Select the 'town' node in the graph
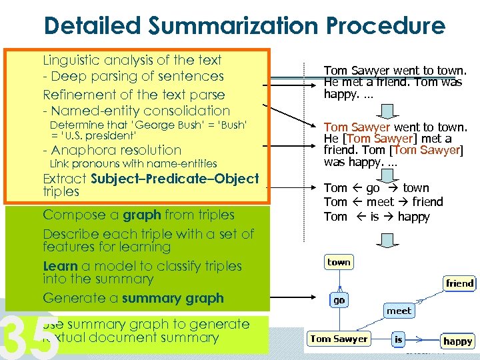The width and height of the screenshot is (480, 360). click(x=339, y=262)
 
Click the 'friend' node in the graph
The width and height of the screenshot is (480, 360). click(x=459, y=283)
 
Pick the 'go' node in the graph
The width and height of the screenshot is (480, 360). click(x=339, y=301)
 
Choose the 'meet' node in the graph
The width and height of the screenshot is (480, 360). click(x=399, y=311)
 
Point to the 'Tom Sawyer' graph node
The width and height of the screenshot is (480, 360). click(x=339, y=339)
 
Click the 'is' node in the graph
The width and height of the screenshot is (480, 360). click(x=398, y=339)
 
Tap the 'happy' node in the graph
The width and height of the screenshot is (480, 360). click(x=457, y=341)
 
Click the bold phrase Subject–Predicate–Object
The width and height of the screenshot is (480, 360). click(x=175, y=179)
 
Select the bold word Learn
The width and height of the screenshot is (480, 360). click(x=60, y=266)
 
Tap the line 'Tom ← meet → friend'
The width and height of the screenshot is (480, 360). click(x=383, y=202)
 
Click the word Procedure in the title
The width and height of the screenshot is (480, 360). click(x=385, y=26)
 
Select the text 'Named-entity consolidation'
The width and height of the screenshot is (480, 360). click(x=140, y=111)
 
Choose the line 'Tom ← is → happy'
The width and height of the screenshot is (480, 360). click(x=377, y=217)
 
